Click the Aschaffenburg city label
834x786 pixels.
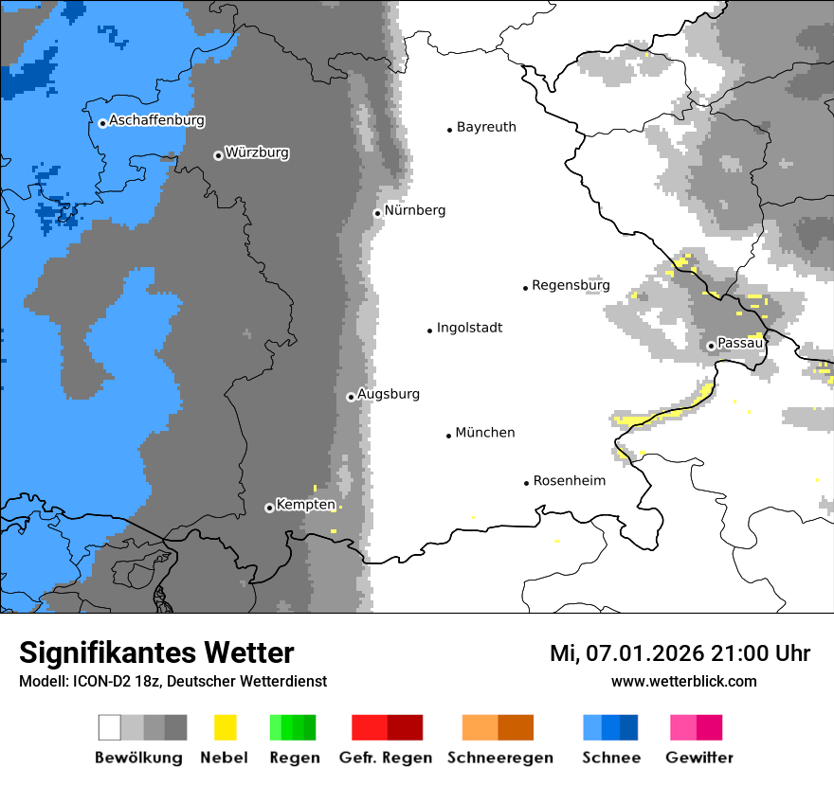pyautogui.click(x=156, y=120)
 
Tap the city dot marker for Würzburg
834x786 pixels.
pyautogui.click(x=218, y=155)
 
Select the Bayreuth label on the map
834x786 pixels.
pyautogui.click(x=486, y=127)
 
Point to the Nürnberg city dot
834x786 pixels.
pyautogui.click(x=377, y=213)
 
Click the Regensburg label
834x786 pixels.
pyautogui.click(x=571, y=285)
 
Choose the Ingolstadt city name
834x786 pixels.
pyautogui.click(x=469, y=328)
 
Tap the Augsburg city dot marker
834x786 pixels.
pyautogui.click(x=351, y=397)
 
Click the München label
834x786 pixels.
pyautogui.click(x=485, y=433)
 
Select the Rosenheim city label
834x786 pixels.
pyautogui.click(x=570, y=481)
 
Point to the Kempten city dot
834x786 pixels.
pyautogui.click(x=269, y=508)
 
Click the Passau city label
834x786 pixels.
pyautogui.click(x=740, y=343)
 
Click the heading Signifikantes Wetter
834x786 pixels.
pyautogui.click(x=156, y=652)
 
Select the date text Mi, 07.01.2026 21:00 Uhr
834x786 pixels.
pyautogui.click(x=680, y=653)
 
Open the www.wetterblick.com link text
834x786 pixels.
pyautogui.click(x=683, y=681)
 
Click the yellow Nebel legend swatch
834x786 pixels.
pyautogui.click(x=225, y=727)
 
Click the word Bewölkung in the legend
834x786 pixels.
pyautogui.click(x=138, y=758)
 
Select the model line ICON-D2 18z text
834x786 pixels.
pyautogui.click(x=172, y=681)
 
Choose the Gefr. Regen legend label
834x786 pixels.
pyautogui.click(x=386, y=758)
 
